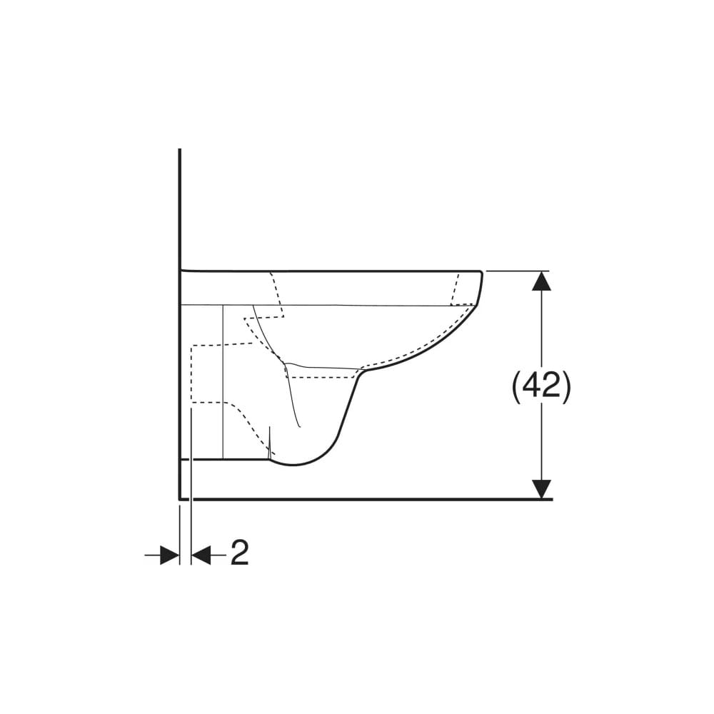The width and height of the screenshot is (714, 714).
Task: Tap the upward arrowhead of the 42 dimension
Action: pyautogui.click(x=541, y=281)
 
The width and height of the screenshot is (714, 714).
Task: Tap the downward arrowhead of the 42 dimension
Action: pyautogui.click(x=541, y=489)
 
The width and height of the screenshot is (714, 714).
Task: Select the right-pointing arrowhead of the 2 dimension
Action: pyautogui.click(x=169, y=555)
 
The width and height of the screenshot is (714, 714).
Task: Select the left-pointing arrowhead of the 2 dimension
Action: pyautogui.click(x=201, y=555)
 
